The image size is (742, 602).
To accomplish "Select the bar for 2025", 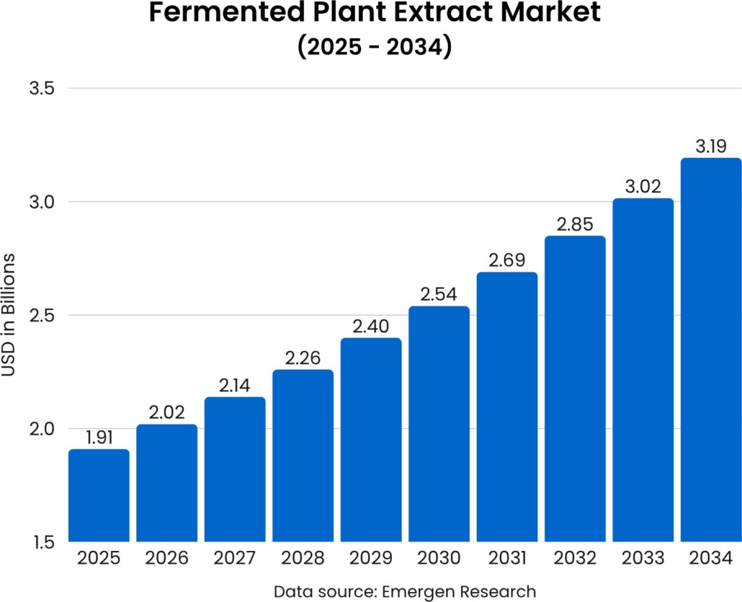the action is (99, 496).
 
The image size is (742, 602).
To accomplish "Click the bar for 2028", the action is (303, 456).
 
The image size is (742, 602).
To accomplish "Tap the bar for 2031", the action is (507, 407).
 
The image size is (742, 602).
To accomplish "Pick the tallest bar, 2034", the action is (711, 350).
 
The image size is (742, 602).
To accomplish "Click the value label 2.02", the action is (167, 412).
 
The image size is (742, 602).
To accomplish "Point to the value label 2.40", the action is (371, 326).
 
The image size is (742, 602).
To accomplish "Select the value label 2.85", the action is (575, 224).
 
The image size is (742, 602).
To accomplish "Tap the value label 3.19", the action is (711, 146).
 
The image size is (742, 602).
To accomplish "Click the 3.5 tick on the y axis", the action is (43, 89).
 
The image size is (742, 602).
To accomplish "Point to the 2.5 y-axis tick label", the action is (43, 316).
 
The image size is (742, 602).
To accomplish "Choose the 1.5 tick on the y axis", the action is (43, 542).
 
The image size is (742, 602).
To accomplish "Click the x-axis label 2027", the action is (235, 559).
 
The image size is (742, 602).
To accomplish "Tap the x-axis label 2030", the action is (439, 559).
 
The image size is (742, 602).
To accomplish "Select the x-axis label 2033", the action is (643, 559).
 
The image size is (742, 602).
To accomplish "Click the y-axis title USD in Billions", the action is (9, 315).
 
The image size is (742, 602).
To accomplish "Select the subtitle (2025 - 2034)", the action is (374, 46).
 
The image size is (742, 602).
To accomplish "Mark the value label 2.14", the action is (235, 385).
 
